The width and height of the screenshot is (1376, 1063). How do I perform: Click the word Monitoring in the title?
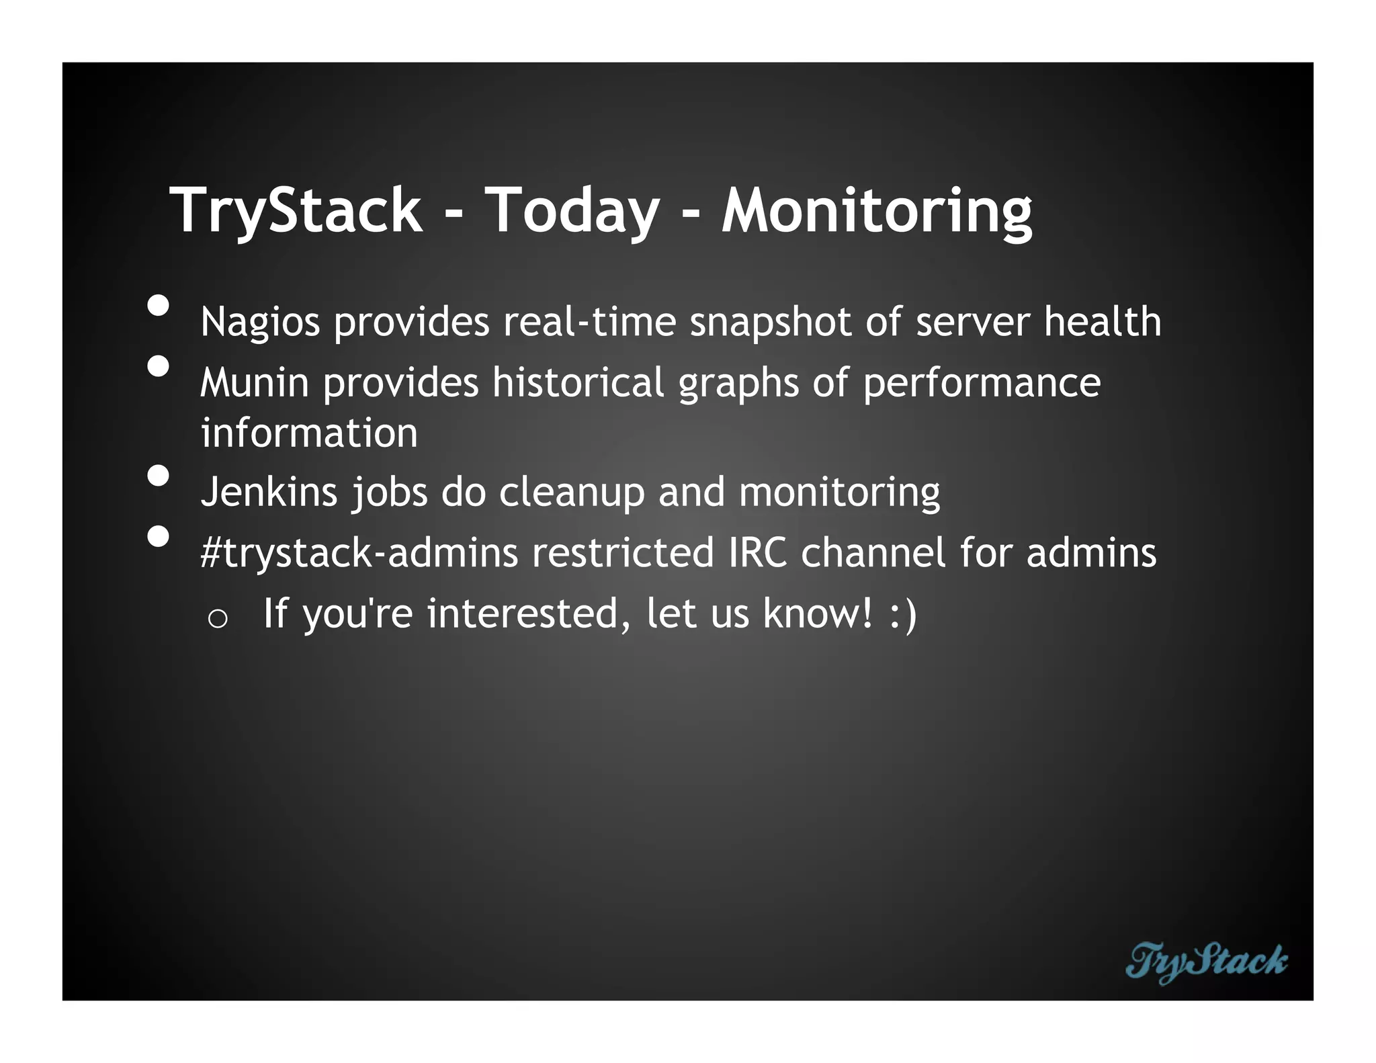pyautogui.click(x=876, y=211)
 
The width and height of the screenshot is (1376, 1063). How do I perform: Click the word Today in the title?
pyautogui.click(x=571, y=211)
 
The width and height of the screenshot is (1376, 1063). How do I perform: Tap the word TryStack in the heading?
pyautogui.click(x=296, y=211)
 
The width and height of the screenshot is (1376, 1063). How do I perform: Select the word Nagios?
pyautogui.click(x=260, y=323)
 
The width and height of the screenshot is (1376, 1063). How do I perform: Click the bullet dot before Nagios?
pyautogui.click(x=159, y=306)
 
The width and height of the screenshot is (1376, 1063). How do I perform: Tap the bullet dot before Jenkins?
pyautogui.click(x=159, y=476)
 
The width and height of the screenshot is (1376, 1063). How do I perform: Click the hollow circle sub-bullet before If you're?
pyautogui.click(x=218, y=619)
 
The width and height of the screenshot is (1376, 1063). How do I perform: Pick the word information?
pyautogui.click(x=309, y=433)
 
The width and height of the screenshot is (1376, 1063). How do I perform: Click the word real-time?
pyautogui.click(x=589, y=322)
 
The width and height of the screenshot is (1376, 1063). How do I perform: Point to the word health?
pyautogui.click(x=1102, y=322)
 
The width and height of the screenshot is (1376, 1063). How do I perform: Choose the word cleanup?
pyautogui.click(x=571, y=493)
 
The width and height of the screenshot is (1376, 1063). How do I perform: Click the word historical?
pyautogui.click(x=578, y=382)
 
